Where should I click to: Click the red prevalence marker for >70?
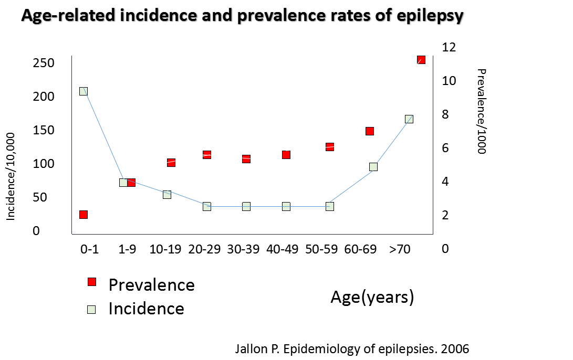point(421,60)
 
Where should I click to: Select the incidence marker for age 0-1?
point(83,91)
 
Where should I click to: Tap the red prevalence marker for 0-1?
point(83,214)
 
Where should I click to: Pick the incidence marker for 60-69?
point(373,167)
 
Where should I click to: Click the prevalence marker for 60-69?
point(370,131)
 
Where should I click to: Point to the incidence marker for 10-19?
point(167,194)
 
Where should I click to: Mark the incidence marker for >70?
point(409,119)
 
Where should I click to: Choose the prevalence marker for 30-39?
point(246,158)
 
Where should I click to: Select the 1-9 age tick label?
point(127,250)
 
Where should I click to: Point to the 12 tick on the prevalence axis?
point(449,47)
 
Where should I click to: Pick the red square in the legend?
point(92,282)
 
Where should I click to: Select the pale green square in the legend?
point(92,309)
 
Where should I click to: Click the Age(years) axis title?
point(372,297)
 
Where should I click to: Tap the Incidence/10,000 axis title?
point(11,176)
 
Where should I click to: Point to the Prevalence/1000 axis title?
point(481,111)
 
